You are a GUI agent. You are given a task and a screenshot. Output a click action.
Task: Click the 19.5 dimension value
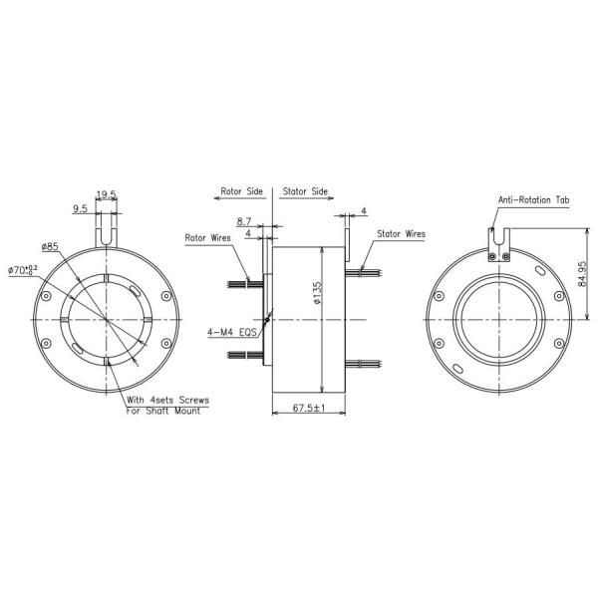[107, 195]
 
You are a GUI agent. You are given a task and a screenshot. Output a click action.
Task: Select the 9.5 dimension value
[79, 209]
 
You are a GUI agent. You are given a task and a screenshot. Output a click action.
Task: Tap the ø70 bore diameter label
[23, 269]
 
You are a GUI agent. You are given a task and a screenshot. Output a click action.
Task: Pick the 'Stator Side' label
[305, 188]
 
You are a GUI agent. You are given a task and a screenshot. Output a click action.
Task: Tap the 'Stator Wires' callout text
[402, 234]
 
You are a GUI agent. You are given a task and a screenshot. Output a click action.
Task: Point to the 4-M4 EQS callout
[232, 333]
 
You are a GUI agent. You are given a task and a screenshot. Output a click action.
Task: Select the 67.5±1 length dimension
[310, 409]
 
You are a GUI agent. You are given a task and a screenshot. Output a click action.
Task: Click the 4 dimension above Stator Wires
[365, 211]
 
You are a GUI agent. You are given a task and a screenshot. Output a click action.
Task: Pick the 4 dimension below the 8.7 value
[247, 234]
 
